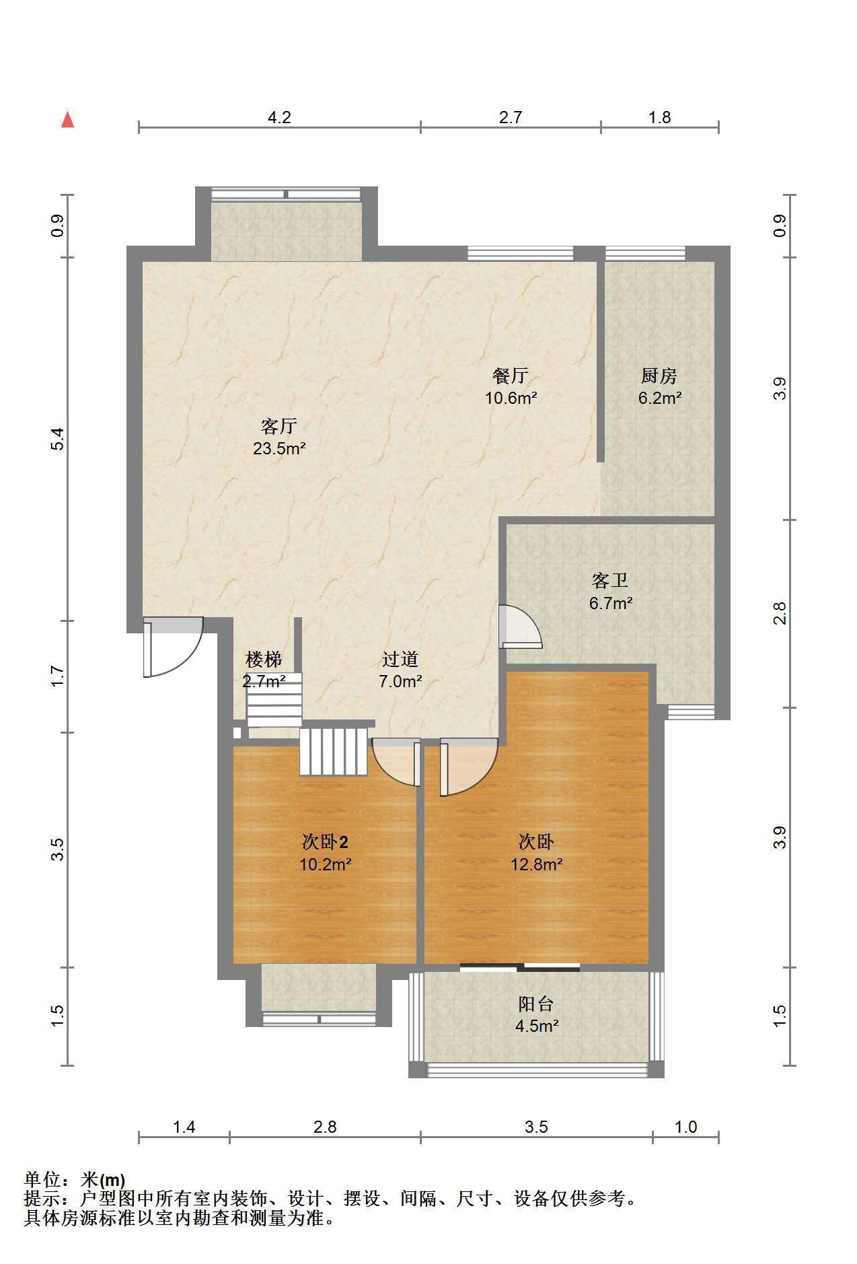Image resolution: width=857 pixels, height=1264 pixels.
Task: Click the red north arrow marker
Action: point(67,120)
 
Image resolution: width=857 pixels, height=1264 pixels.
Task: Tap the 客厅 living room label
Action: point(279,426)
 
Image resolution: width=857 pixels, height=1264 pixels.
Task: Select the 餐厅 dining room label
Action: point(511,376)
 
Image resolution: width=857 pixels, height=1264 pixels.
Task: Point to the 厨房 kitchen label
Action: point(659,376)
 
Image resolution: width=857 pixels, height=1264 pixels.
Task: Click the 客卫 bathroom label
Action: point(610,580)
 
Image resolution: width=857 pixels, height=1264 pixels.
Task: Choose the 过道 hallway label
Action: point(400,659)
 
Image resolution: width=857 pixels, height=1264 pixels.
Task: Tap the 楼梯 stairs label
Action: point(264,659)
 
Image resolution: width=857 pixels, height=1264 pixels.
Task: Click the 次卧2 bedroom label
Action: point(325,842)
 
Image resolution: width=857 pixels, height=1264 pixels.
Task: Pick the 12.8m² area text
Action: point(536,864)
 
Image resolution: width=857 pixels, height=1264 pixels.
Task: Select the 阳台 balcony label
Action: point(536,1004)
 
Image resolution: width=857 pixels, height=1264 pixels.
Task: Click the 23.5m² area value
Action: point(279,448)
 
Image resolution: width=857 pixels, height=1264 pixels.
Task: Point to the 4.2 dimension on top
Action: point(279,118)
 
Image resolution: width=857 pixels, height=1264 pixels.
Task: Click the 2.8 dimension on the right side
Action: point(780,613)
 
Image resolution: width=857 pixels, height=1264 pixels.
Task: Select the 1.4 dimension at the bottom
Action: point(184,1127)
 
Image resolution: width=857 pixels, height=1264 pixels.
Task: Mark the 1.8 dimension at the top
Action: point(659,118)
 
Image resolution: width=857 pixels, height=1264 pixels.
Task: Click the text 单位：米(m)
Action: point(75,1180)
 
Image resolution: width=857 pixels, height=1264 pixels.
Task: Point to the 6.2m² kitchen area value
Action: point(660,398)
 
